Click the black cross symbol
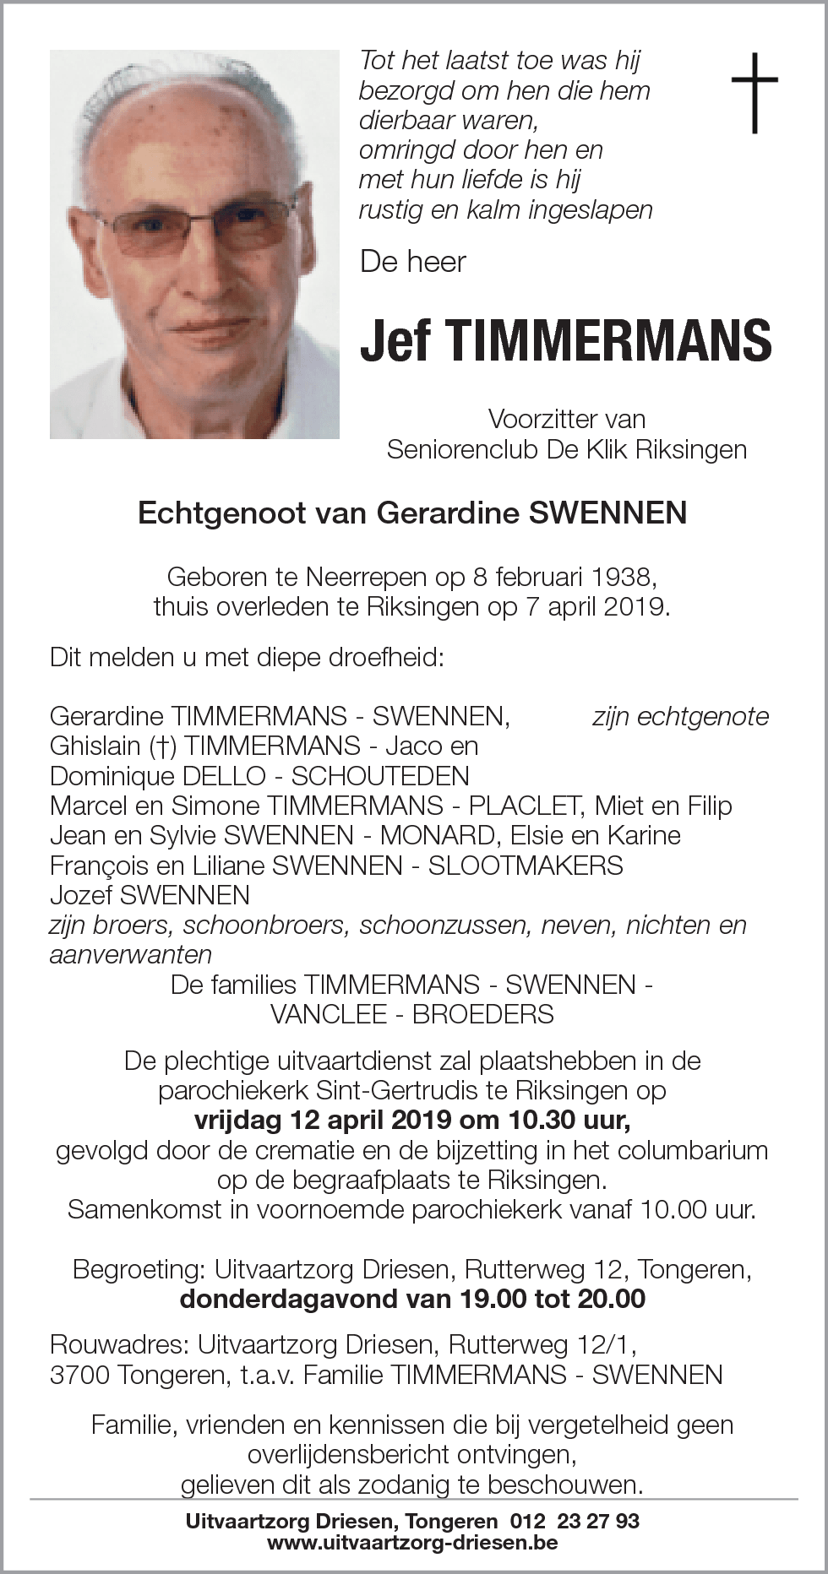754,92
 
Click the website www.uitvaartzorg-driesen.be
412,1543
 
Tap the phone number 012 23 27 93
575,1521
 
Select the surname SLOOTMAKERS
526,865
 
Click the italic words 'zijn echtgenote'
680,717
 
